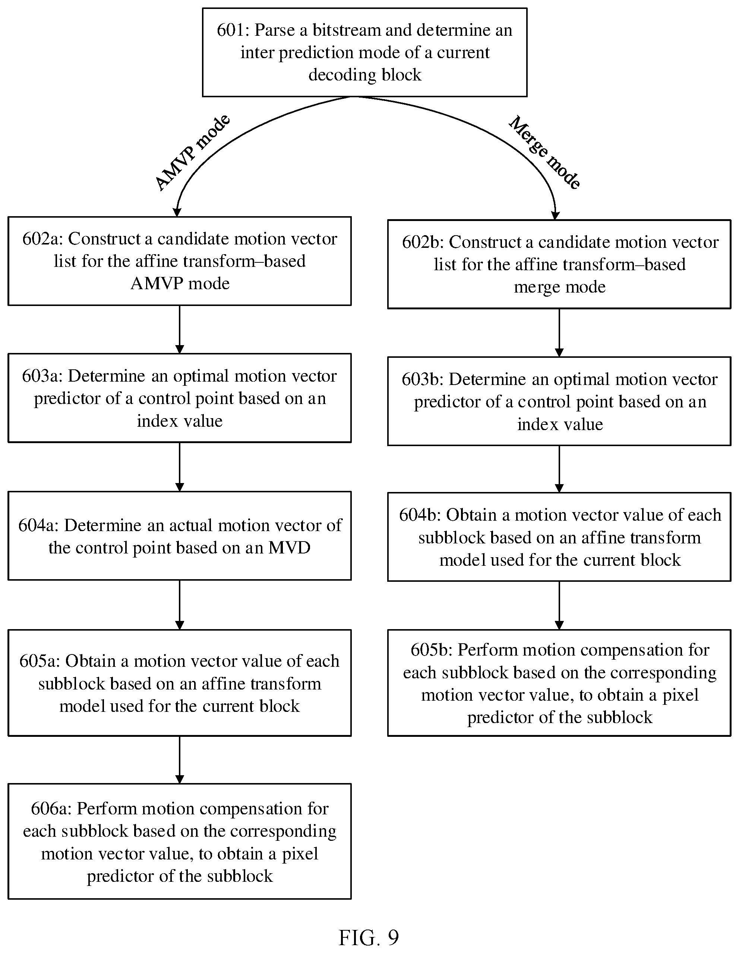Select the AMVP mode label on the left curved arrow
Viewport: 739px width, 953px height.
pyautogui.click(x=192, y=152)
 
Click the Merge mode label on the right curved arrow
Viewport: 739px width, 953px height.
pyautogui.click(x=545, y=152)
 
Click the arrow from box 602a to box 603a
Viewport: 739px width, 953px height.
pyautogui.click(x=179, y=329)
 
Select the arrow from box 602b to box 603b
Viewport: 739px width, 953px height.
pyautogui.click(x=559, y=333)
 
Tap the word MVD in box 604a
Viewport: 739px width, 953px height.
pyautogui.click(x=289, y=547)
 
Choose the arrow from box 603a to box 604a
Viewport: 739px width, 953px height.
pyautogui.click(x=179, y=467)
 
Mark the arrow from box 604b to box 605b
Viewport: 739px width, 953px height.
pyautogui.click(x=559, y=605)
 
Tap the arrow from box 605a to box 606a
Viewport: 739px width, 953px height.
pyautogui.click(x=179, y=760)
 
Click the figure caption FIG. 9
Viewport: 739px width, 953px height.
pyautogui.click(x=369, y=937)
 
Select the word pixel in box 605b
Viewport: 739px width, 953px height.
pyautogui.click(x=680, y=695)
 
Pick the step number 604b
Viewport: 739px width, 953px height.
pyautogui.click(x=419, y=515)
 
